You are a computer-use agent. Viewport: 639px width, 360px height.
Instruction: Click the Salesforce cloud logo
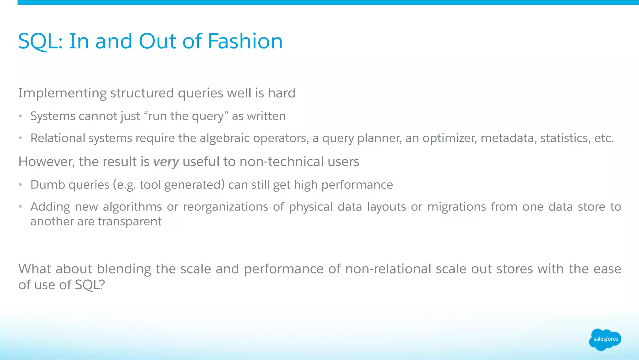[605, 339]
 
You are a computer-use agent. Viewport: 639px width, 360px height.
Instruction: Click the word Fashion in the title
[245, 41]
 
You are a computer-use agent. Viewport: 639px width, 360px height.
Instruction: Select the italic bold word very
[166, 162]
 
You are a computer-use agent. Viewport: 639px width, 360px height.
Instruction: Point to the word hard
[281, 93]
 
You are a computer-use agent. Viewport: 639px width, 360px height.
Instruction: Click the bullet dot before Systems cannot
[20, 116]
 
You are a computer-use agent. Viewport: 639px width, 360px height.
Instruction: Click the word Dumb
[48, 185]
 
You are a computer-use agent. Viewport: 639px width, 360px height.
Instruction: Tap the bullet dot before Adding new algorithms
[20, 207]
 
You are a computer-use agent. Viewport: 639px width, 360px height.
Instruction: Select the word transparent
[129, 221]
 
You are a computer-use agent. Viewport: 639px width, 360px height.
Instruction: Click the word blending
[125, 269]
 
